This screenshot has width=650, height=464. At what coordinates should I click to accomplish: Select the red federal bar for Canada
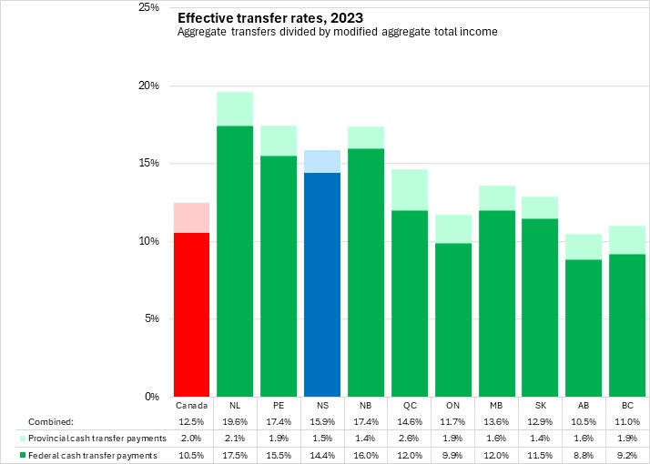(191, 314)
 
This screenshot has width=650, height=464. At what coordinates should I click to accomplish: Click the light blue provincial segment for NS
(322, 161)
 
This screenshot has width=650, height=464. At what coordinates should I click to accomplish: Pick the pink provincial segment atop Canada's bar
(191, 217)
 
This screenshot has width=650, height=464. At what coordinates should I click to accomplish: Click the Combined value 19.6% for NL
(235, 421)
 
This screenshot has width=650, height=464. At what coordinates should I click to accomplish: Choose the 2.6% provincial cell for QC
(410, 438)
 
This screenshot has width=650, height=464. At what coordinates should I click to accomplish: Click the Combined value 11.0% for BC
(628, 421)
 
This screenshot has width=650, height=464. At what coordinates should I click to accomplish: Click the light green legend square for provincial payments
(22, 438)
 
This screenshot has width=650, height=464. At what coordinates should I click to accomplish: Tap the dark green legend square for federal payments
(22, 454)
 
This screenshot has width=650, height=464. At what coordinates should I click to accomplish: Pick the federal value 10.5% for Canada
(191, 454)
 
